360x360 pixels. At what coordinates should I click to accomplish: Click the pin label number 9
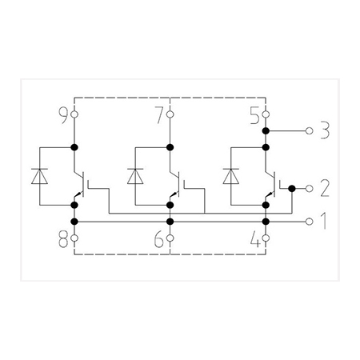64,115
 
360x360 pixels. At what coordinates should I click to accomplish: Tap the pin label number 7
159,115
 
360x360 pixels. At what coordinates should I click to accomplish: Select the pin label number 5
255,115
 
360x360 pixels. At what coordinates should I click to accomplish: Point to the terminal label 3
325,130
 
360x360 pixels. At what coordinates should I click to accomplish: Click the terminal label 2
325,188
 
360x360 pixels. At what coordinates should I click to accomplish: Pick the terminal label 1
324,221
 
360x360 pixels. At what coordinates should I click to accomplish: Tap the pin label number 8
63,238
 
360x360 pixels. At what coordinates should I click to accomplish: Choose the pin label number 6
159,238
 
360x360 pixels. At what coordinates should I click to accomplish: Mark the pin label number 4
255,238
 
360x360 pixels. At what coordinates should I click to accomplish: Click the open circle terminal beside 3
310,130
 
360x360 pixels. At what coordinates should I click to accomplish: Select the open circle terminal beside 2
310,189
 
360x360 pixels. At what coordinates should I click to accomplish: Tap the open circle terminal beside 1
310,222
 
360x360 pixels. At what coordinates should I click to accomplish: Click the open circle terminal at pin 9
74,114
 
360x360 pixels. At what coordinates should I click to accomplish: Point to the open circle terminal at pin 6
170,238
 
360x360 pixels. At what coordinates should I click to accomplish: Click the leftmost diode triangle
39,176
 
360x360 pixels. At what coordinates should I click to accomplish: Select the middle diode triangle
135,176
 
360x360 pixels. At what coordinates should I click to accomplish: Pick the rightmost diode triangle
231,176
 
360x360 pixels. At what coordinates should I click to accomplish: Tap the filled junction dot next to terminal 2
292,189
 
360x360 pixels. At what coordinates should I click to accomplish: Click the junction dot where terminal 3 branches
266,130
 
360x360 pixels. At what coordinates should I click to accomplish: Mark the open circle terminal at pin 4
266,238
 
